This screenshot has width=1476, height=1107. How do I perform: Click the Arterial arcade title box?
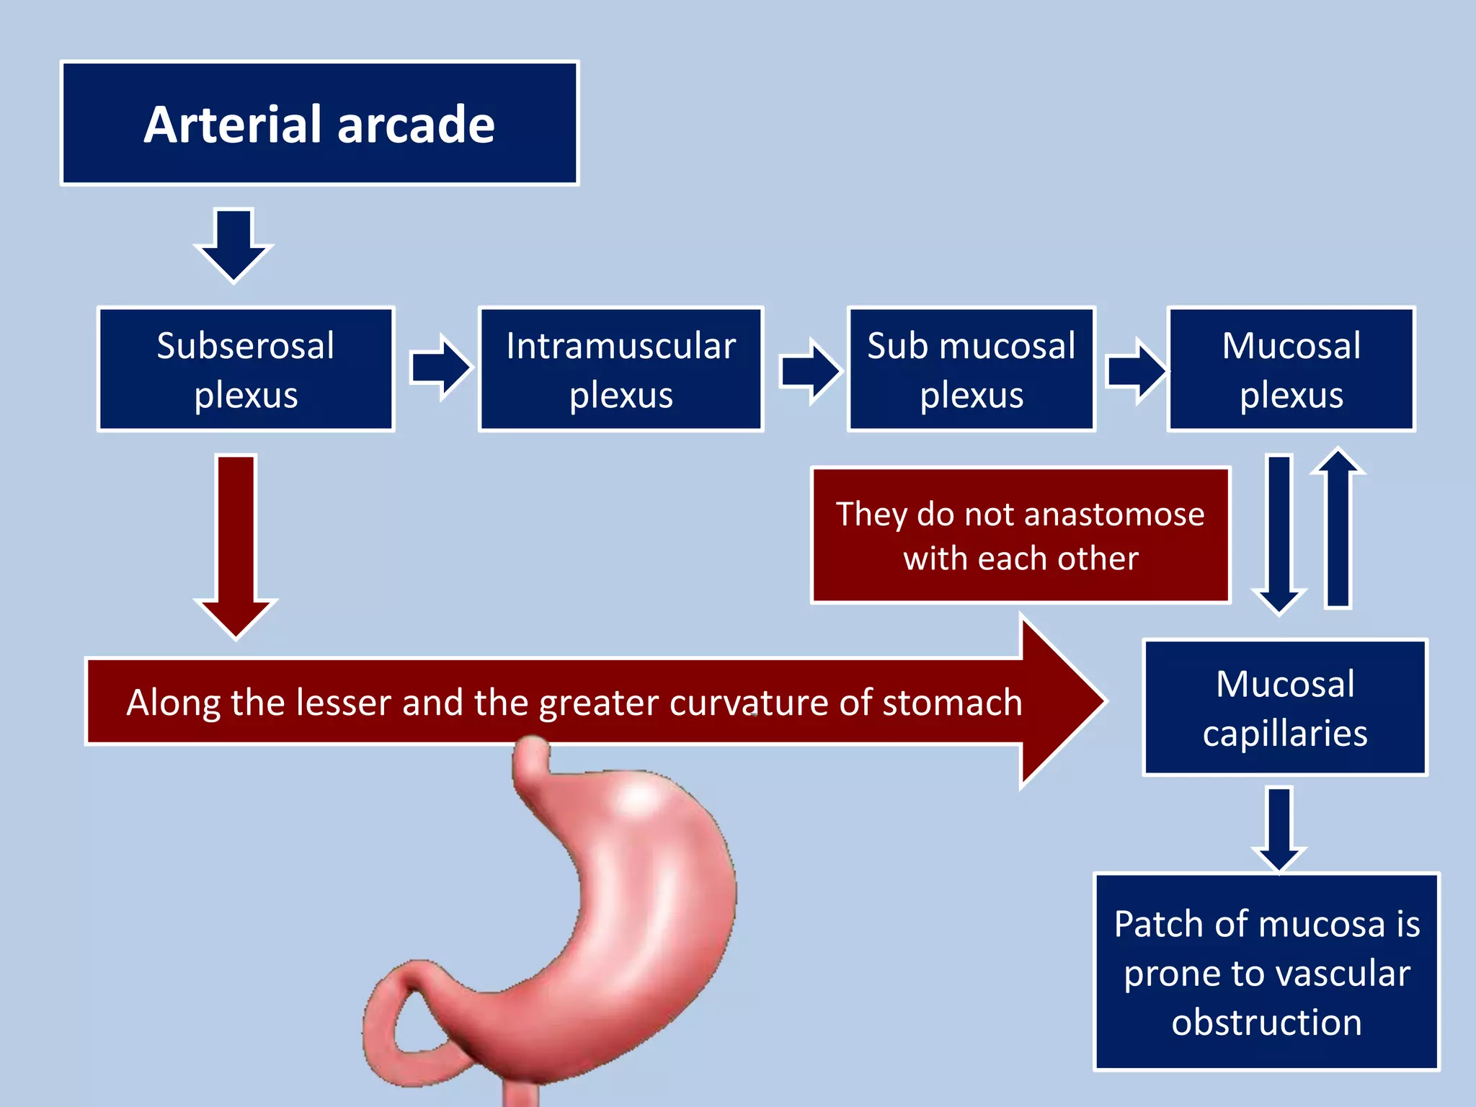pos(319,123)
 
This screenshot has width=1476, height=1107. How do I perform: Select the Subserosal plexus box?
pos(246,369)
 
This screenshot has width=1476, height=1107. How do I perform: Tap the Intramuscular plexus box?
pos(621,369)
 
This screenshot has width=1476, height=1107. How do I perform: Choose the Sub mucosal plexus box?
pos(971,369)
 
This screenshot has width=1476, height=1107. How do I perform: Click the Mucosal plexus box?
pos(1291,369)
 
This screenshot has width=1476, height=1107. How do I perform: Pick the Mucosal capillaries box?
pos(1284,708)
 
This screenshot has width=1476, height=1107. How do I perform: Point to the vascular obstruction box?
pos(1266,972)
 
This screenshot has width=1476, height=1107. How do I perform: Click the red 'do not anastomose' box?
pos(1020,535)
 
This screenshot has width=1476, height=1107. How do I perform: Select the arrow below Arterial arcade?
pos(234,245)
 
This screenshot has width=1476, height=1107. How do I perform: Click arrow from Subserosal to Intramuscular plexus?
pos(440,368)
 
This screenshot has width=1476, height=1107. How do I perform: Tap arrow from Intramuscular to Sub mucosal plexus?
pos(810,370)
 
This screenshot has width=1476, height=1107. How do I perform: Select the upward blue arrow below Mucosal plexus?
pos(1338,530)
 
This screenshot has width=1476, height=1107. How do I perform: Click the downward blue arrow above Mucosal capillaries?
pos(1279,533)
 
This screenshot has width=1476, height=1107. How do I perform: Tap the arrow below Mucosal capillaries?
pos(1279,829)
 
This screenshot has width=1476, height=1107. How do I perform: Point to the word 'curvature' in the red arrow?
pos(750,702)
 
